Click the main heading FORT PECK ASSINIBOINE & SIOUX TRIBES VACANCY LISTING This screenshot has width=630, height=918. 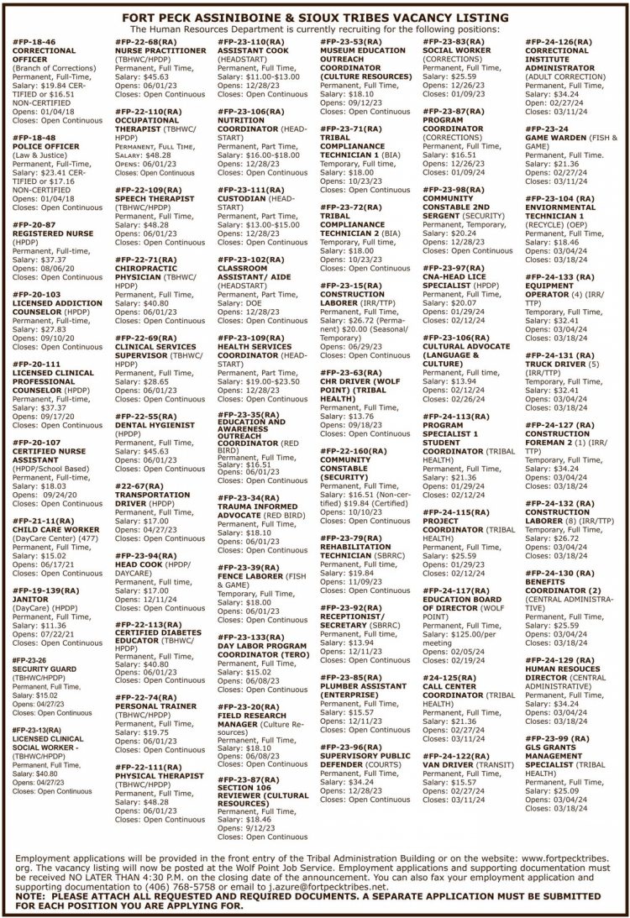tap(314, 17)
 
